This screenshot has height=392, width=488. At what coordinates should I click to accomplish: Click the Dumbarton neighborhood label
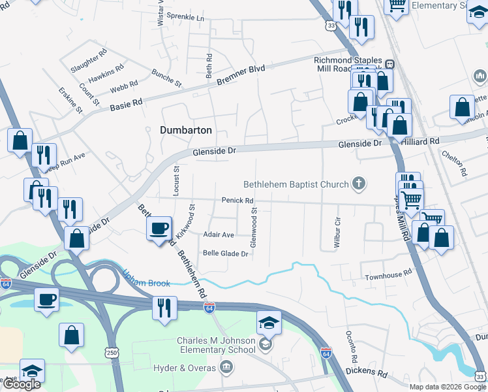click(x=186, y=130)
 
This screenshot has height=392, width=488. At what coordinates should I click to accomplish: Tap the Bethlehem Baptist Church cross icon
click(x=358, y=184)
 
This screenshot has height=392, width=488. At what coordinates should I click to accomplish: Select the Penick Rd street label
click(x=237, y=201)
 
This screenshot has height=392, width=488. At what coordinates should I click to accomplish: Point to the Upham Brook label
click(x=147, y=283)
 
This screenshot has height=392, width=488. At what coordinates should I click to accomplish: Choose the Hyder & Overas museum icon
click(x=226, y=368)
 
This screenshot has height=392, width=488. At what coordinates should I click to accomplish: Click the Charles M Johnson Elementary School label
click(x=216, y=345)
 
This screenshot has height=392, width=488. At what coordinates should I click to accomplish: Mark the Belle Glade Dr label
click(x=226, y=253)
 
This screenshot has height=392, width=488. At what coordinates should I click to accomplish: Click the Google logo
click(x=22, y=384)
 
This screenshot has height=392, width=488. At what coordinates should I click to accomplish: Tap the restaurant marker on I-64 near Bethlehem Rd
click(x=164, y=308)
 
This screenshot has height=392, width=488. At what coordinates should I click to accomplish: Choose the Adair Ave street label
click(x=219, y=235)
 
